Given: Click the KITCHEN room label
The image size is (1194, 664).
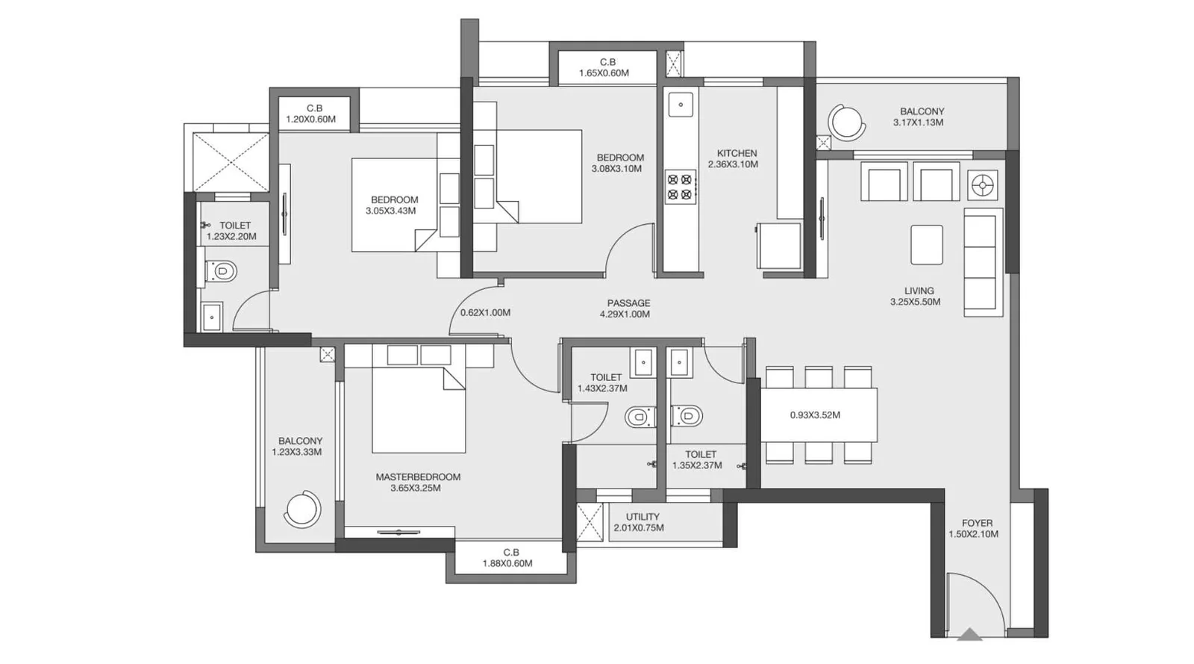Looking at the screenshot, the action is click(x=737, y=153).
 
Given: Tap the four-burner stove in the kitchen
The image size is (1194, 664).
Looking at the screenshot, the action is click(x=680, y=187).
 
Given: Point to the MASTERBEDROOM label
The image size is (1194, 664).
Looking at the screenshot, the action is click(x=418, y=477).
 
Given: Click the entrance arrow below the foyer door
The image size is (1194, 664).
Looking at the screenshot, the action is click(x=969, y=634).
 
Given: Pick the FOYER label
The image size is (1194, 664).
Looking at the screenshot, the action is click(x=977, y=523).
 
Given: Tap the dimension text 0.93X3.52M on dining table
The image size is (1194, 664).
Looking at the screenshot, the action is click(x=815, y=415).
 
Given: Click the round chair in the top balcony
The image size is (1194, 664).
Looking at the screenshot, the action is click(x=846, y=122).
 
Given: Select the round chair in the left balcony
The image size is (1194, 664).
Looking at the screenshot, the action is click(x=302, y=509).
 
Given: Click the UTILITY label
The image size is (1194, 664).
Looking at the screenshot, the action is click(x=643, y=517).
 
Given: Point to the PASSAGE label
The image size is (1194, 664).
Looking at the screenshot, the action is click(x=628, y=303).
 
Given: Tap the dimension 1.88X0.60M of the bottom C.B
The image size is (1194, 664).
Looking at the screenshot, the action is click(x=507, y=563).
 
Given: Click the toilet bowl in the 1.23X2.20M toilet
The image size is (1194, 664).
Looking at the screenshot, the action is click(x=221, y=271).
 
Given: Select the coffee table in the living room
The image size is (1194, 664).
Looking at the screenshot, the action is click(x=926, y=245).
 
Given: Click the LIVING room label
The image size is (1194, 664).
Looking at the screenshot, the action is click(x=919, y=291).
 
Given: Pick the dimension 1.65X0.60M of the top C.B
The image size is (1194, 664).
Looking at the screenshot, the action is click(x=604, y=73).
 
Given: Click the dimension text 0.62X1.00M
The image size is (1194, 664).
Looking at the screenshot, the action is click(x=485, y=312).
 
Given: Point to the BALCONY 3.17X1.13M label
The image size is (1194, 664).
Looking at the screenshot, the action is click(x=922, y=117).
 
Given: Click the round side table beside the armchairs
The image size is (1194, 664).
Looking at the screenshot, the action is click(x=982, y=185).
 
